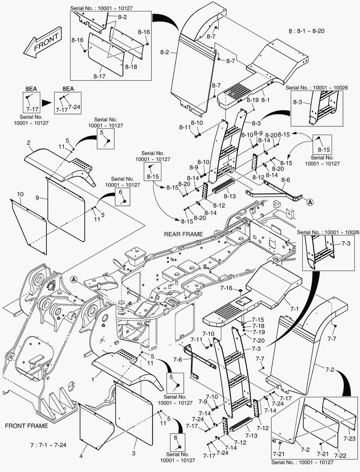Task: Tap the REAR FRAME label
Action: pos(183,234)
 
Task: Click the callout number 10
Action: pos(20,194)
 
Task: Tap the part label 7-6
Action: pos(178,360)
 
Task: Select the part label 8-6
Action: pos(286,180)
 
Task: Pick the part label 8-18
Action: pos(131,67)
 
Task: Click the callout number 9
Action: pos(38,198)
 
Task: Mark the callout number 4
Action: pos(80,457)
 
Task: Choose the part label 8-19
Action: pos(252,100)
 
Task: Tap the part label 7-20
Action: pos(258,340)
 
